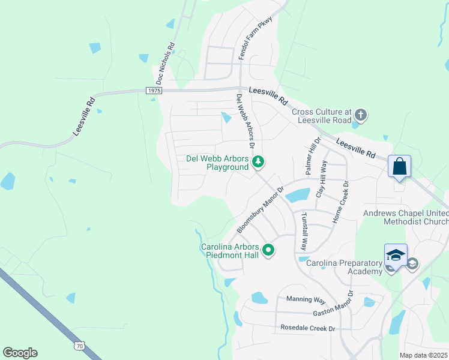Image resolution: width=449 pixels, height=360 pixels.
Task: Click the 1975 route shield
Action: tap(154, 90)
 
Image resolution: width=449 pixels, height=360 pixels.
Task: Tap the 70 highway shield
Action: tap(80, 346)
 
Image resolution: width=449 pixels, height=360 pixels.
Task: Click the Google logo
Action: tap(20, 353)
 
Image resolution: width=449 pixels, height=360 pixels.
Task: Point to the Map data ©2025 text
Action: tap(423, 355)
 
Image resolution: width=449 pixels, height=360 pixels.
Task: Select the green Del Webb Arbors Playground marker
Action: tap(258, 162)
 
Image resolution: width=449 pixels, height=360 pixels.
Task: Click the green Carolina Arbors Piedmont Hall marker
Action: tap(268, 250)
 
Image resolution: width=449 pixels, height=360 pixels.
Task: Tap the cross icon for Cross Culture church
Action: tap(360, 115)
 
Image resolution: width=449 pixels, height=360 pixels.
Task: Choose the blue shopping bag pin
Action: tap(399, 166)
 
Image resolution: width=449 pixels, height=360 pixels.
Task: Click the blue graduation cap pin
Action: tap(396, 256)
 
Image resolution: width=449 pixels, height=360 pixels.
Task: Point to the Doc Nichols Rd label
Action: tap(164, 63)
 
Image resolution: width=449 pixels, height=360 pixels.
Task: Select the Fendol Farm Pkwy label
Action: tap(256, 38)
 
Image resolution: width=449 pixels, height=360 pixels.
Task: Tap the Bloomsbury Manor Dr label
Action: tap(259, 207)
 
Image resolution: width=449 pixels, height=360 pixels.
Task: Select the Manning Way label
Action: tap(306, 299)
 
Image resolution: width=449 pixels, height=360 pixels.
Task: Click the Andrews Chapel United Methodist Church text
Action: tap(405, 217)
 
